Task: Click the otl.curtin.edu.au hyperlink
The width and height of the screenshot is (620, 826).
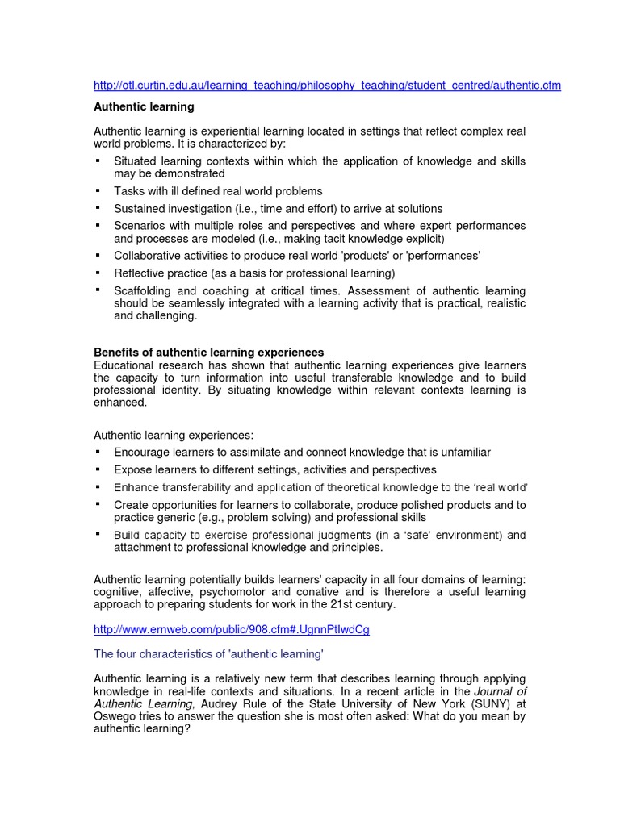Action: (x=327, y=86)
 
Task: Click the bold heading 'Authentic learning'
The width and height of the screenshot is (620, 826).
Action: (x=144, y=106)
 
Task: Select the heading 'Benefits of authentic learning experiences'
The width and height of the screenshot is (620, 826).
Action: (x=209, y=353)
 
